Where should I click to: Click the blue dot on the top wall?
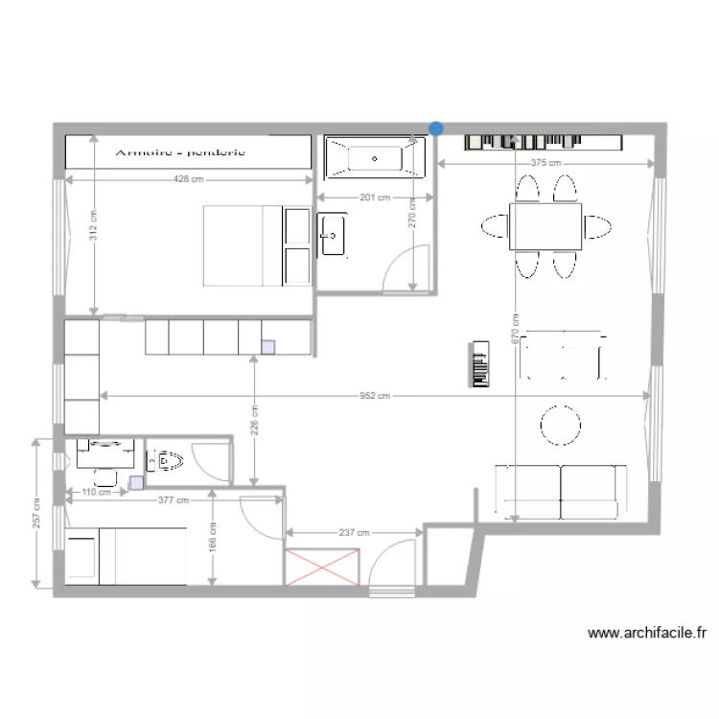(x=436, y=128)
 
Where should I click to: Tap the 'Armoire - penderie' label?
(x=180, y=152)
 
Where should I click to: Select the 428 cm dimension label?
(x=188, y=179)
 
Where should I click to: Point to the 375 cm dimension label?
(x=545, y=164)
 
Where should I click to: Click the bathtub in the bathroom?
(x=375, y=157)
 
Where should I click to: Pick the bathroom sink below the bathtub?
(x=333, y=235)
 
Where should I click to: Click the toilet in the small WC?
(x=168, y=461)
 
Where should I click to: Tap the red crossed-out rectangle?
(x=323, y=566)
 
